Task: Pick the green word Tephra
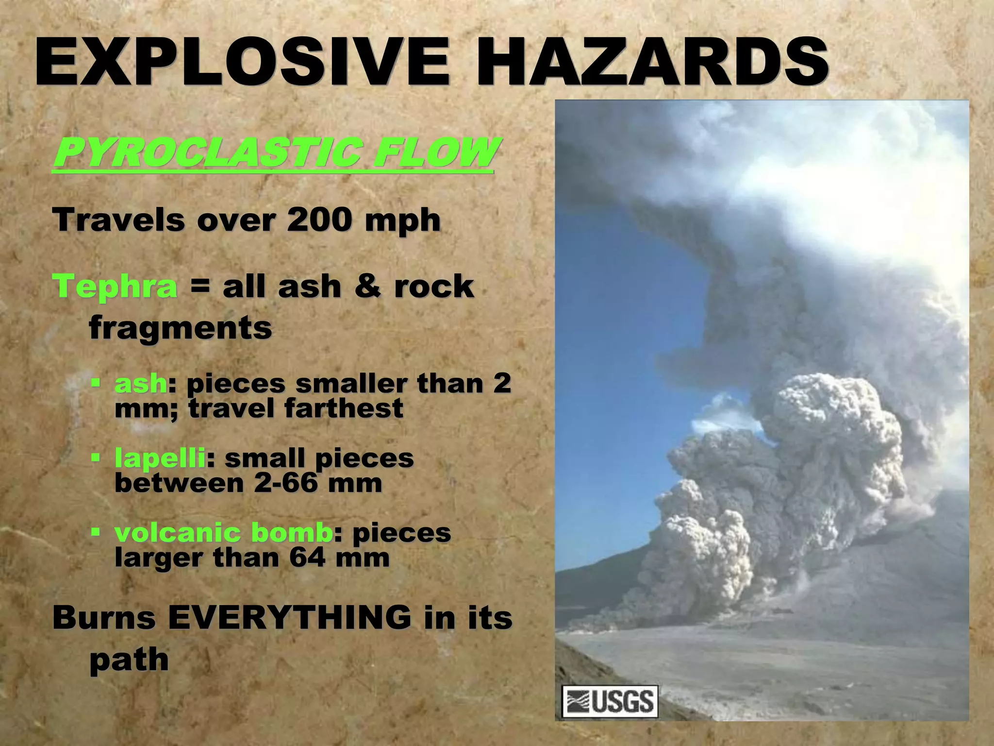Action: [x=115, y=287]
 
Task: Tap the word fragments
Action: [x=181, y=328]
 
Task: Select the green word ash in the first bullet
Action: [x=141, y=384]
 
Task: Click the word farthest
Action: [x=344, y=408]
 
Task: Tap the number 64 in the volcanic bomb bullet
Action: [x=307, y=557]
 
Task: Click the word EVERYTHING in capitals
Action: [x=289, y=618]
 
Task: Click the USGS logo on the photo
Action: [x=610, y=701]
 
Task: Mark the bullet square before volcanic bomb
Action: [x=96, y=532]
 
